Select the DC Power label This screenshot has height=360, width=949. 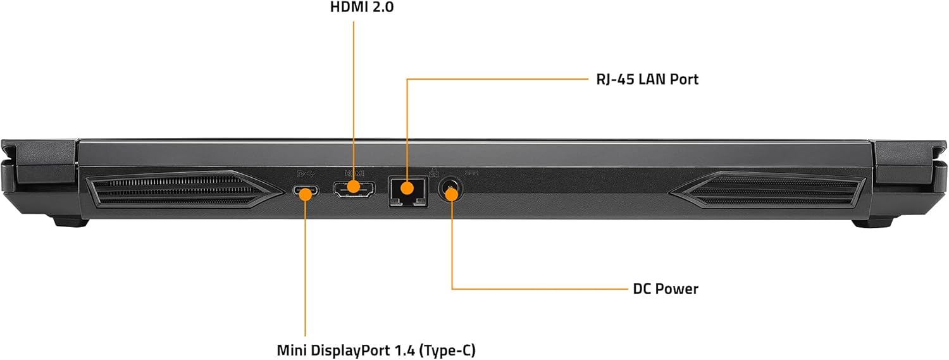coord(666,289)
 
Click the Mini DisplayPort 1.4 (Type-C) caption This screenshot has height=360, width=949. coord(376,350)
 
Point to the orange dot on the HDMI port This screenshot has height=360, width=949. coord(354,187)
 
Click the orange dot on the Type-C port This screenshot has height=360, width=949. coord(306,192)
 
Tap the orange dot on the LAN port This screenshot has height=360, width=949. coord(407,188)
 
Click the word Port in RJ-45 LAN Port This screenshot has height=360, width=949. coord(685,79)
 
